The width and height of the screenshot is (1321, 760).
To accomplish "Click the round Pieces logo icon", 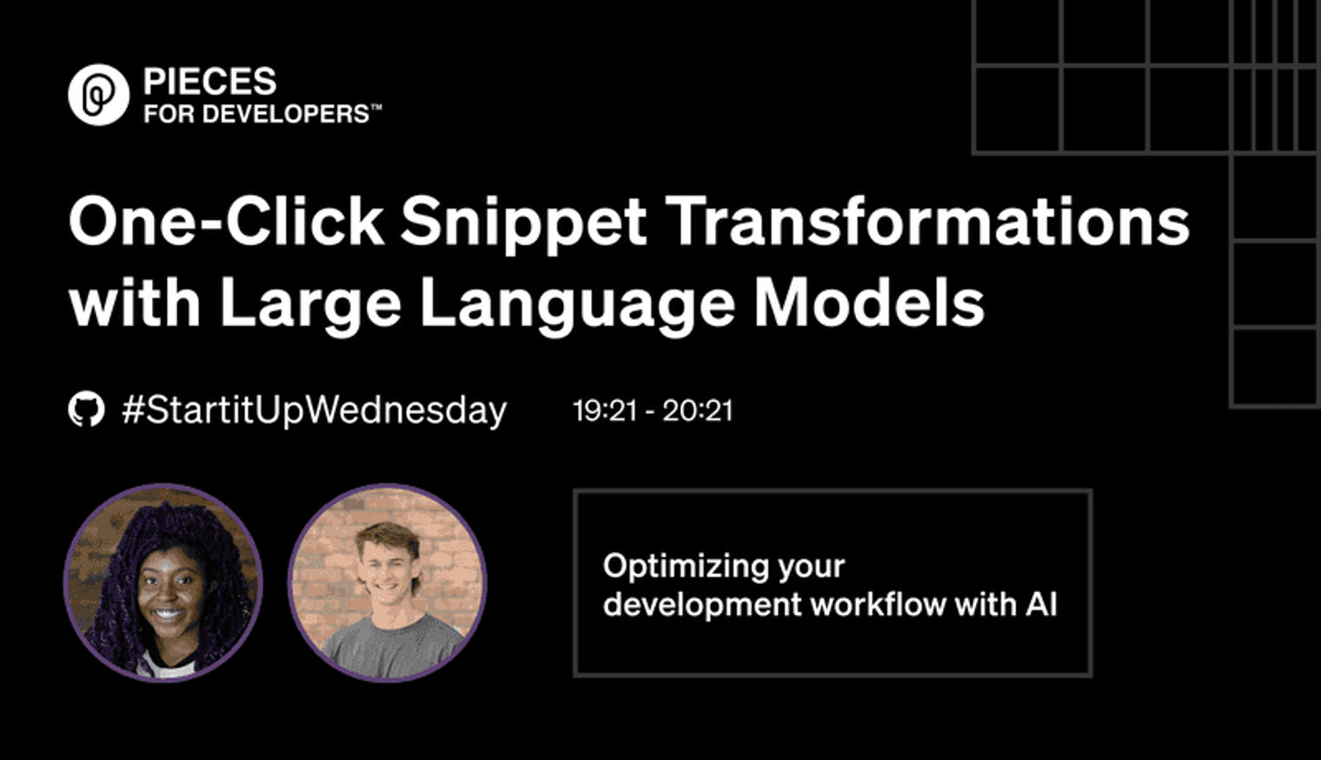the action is click(98, 95).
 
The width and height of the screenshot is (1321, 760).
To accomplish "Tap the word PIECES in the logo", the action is click(210, 81).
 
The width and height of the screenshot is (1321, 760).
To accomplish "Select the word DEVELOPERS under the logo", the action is click(285, 114).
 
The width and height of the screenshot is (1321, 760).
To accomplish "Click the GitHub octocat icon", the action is click(87, 410).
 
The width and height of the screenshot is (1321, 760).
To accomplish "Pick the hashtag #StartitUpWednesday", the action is click(315, 410).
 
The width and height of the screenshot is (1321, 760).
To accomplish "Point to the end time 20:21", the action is click(698, 410).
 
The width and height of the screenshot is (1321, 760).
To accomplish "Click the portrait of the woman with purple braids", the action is click(163, 583).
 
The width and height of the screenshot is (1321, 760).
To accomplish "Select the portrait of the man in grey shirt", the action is click(387, 583).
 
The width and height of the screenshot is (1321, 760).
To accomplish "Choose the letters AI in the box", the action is click(1041, 605).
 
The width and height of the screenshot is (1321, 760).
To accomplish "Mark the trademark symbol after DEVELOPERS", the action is click(375, 108).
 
